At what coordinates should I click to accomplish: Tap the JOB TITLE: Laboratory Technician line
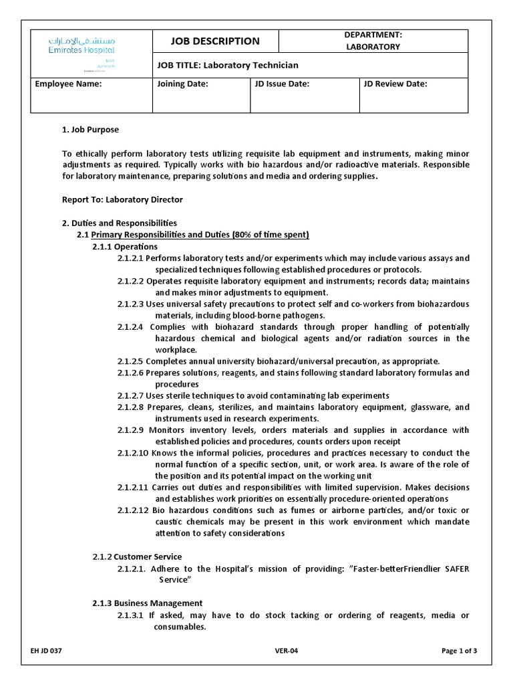(227, 65)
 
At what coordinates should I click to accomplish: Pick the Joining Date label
(182, 84)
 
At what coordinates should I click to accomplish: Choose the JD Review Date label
(395, 84)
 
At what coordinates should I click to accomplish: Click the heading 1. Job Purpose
(90, 130)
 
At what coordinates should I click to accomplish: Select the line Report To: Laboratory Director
(122, 199)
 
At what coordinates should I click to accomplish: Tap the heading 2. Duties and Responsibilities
(119, 223)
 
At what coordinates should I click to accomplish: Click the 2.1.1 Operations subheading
(125, 246)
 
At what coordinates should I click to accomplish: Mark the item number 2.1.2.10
(132, 453)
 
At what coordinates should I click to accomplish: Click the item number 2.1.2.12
(132, 510)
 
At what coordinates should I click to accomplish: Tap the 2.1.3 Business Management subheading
(147, 603)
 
